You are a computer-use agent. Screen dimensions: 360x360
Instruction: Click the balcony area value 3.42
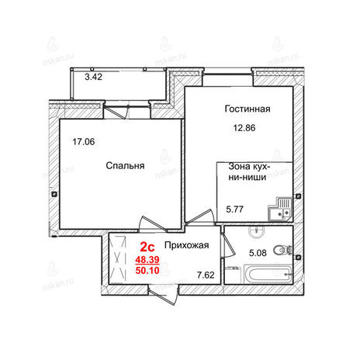coord(94,77)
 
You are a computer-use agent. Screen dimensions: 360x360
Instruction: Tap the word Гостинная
coord(247,109)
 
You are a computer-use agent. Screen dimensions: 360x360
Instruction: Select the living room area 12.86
coord(244,128)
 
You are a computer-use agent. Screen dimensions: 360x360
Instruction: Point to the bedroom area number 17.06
coord(84,142)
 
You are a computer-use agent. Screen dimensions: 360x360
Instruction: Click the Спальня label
coord(125,165)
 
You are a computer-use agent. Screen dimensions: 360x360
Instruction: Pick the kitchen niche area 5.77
coord(234,209)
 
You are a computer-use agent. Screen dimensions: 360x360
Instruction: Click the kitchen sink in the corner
coord(280,209)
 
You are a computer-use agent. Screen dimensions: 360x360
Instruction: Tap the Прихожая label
coord(187,245)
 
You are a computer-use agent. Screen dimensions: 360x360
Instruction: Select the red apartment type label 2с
coord(147,247)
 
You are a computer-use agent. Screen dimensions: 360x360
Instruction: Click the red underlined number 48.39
coord(147,259)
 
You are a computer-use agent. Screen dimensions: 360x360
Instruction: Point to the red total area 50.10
coord(147,270)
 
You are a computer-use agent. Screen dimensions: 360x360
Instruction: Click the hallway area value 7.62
coord(206,275)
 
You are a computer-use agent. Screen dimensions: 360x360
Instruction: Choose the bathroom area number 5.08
coord(258,253)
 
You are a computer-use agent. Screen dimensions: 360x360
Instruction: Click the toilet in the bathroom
coord(282,250)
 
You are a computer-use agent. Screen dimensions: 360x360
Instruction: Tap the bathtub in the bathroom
coord(268,274)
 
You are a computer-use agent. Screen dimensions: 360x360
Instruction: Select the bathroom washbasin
coord(257,231)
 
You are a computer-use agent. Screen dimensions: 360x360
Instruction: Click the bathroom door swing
coord(228,245)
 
